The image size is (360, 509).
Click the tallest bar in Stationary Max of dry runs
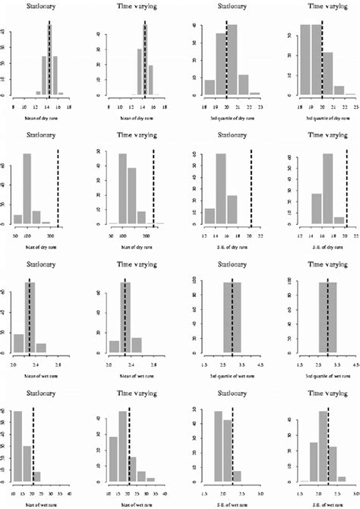(x=27, y=189)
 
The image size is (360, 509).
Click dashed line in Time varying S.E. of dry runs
(x=346, y=189)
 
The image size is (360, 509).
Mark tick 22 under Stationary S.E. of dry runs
(x=260, y=236)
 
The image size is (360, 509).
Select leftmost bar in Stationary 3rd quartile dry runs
(x=210, y=87)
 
